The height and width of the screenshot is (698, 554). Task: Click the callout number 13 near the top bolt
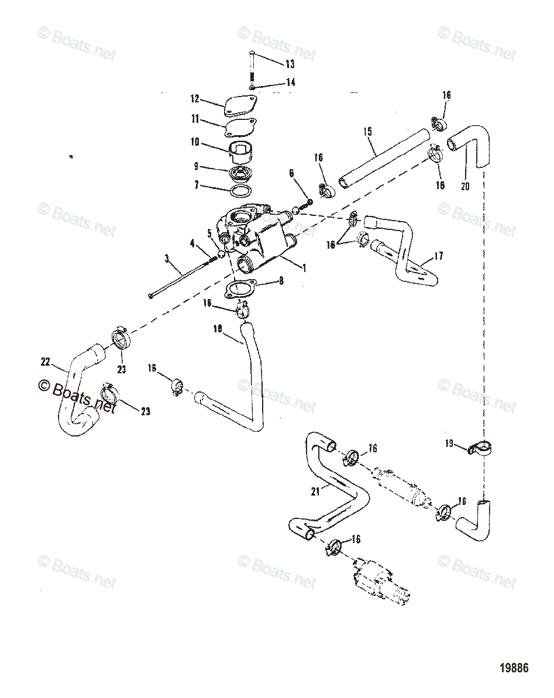(290, 64)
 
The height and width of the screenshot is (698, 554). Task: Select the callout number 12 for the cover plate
(195, 99)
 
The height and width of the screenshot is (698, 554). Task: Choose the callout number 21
(315, 491)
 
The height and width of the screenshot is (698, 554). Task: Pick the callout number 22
(45, 362)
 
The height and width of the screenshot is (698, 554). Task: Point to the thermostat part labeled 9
(240, 174)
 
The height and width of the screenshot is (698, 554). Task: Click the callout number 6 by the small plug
(291, 173)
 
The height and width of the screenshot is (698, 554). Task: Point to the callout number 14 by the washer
(290, 83)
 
